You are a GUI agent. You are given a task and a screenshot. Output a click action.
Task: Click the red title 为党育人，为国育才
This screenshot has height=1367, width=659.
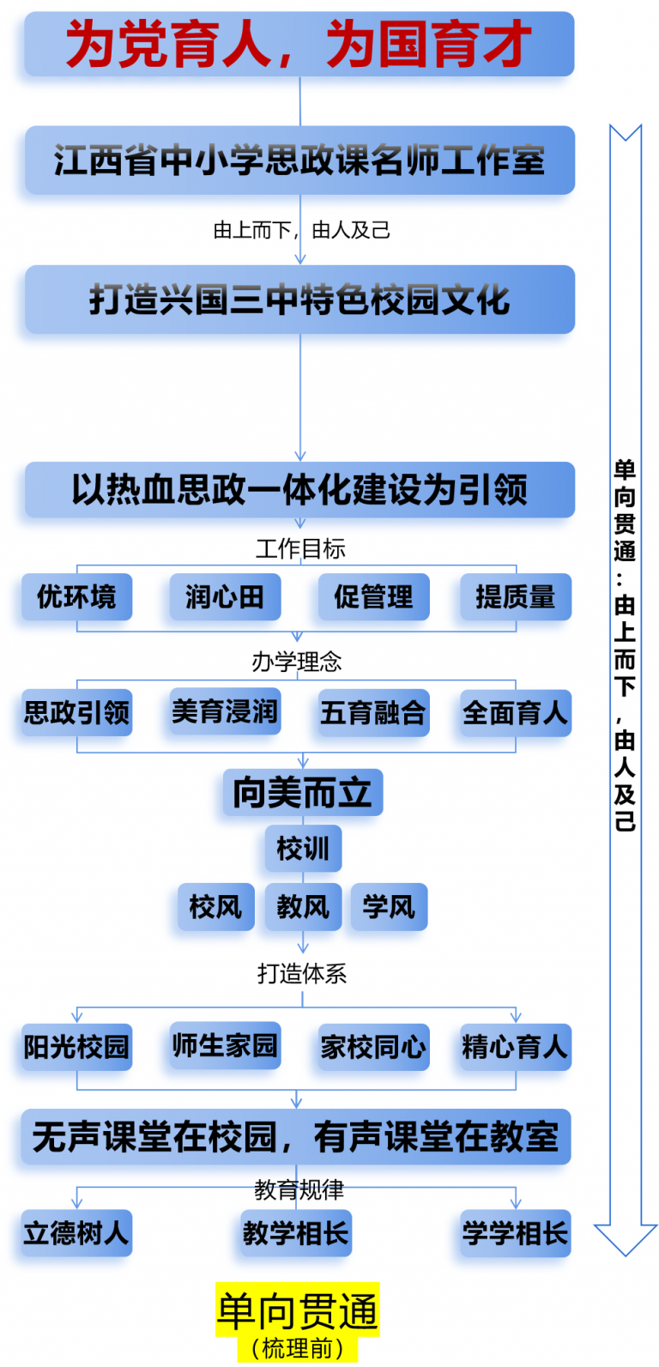(x=299, y=43)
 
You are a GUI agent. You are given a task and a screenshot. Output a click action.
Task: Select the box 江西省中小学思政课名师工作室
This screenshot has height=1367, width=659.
(x=299, y=160)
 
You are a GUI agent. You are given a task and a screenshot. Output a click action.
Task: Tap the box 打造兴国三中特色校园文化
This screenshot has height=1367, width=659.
(x=299, y=299)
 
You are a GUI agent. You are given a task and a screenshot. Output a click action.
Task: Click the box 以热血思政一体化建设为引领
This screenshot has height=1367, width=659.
(x=299, y=489)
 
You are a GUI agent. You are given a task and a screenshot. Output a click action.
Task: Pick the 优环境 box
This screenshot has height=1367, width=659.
(x=77, y=597)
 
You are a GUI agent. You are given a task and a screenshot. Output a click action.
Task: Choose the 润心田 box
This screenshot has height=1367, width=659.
(x=225, y=597)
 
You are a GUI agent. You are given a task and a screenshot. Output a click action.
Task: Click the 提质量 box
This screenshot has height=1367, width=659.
(x=516, y=597)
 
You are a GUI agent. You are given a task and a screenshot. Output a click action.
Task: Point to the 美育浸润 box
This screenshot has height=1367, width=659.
(x=225, y=711)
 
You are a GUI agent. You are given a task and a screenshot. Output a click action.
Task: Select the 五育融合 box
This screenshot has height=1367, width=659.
(x=373, y=713)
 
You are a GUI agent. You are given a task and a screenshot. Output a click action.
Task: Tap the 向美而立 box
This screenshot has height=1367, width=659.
(x=303, y=792)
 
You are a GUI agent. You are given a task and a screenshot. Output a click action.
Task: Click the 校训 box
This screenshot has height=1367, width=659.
(x=303, y=849)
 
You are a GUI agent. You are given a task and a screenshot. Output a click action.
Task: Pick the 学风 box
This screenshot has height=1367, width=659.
(x=389, y=907)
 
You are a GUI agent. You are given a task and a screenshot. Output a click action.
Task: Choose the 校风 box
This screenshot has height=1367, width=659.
(x=216, y=907)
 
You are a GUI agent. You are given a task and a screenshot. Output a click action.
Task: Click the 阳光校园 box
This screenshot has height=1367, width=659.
(x=77, y=1047)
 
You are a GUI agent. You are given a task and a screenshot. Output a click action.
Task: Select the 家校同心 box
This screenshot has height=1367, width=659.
(x=373, y=1047)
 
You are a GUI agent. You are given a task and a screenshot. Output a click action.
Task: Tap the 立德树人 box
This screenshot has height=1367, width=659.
(x=77, y=1233)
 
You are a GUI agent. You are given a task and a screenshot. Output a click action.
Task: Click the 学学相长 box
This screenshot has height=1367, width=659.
(x=516, y=1233)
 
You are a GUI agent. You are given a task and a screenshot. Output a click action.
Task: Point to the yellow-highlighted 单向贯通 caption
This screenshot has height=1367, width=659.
(x=298, y=1311)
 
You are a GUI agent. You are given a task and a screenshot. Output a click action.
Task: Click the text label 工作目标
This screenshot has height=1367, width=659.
(x=300, y=548)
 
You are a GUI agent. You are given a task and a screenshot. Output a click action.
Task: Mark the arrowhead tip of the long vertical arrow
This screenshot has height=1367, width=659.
(x=626, y=1256)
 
